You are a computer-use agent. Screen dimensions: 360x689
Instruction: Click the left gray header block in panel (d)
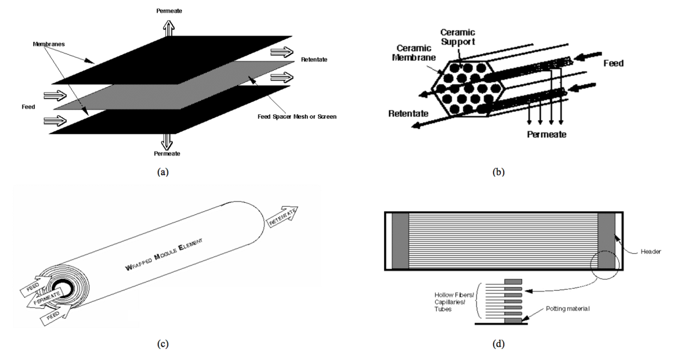pyautogui.click(x=400, y=241)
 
